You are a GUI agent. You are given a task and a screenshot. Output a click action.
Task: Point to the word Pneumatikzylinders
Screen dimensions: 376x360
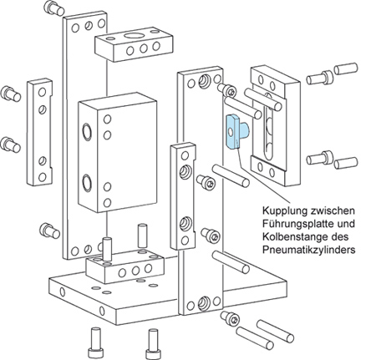click(x=309, y=250)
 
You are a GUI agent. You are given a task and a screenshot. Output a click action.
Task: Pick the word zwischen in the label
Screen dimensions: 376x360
click(x=332, y=210)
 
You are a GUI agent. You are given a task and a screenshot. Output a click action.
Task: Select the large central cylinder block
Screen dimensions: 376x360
click(x=117, y=152)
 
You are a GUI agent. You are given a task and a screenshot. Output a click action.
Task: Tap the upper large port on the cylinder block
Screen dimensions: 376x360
click(x=87, y=131)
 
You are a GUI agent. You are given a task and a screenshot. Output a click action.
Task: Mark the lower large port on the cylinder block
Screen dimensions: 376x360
click(x=87, y=183)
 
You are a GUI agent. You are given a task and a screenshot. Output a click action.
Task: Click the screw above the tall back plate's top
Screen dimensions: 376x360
click(x=54, y=8)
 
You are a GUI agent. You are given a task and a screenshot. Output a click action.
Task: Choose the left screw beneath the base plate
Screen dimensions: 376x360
click(x=94, y=343)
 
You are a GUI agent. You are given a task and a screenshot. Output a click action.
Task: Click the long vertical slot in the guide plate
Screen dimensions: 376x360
click(x=268, y=126)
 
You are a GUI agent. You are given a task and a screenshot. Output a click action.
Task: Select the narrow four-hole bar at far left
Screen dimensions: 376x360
click(x=39, y=132)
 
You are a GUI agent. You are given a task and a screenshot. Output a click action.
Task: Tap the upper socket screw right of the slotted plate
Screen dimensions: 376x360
click(x=320, y=77)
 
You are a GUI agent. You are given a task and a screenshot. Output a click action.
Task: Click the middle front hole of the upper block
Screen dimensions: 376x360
click(x=144, y=48)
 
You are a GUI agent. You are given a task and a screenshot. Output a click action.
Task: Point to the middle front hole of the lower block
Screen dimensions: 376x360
click(x=135, y=271)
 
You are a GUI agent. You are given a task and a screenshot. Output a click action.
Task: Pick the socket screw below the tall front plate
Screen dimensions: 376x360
click(x=230, y=318)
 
